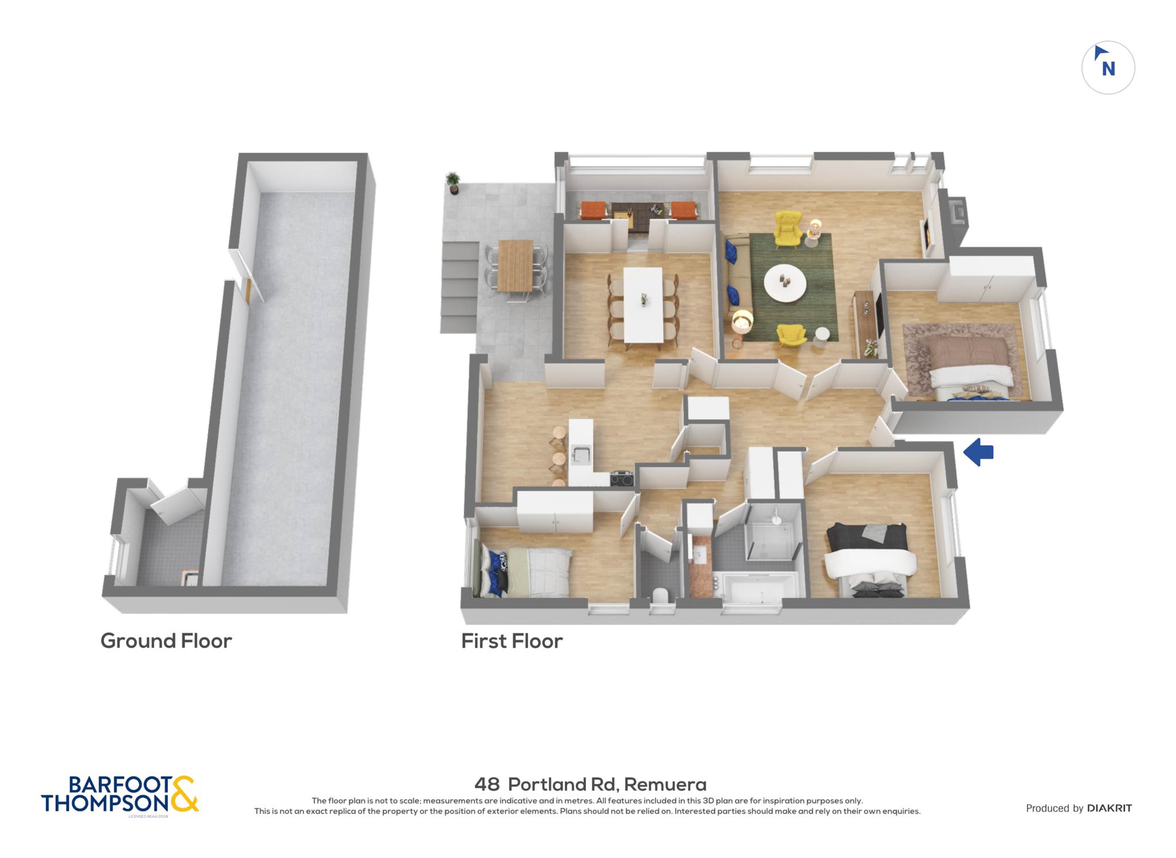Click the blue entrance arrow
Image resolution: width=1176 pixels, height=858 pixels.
[978, 453]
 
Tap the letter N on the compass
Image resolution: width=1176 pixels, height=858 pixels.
[1108, 69]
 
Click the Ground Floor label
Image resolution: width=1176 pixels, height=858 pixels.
[166, 641]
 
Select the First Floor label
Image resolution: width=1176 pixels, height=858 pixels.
[512, 641]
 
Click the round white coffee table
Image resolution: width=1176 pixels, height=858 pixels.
[785, 283]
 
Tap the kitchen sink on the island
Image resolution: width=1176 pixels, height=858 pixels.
[581, 454]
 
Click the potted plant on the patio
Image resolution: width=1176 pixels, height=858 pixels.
[453, 183]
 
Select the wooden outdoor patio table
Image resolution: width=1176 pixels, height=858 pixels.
[516, 265]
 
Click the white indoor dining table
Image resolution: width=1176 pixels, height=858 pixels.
[643, 304]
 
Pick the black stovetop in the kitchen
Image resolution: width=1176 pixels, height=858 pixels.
[621, 478]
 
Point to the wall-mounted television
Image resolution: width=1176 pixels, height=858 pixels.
[879, 315]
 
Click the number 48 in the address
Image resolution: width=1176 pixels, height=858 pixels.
[487, 784]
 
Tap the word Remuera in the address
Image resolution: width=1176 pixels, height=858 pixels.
[665, 784]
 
